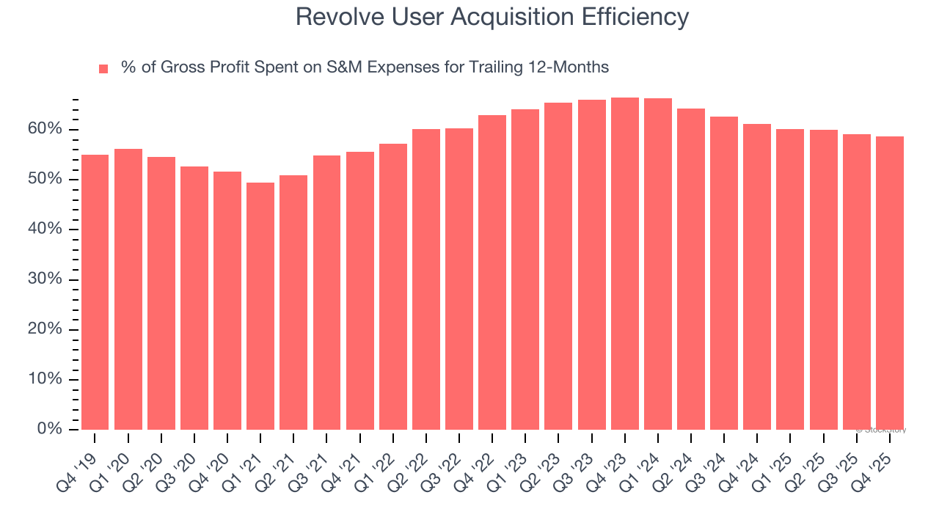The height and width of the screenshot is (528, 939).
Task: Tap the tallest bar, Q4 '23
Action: (x=624, y=263)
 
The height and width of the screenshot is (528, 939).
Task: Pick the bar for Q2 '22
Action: (x=425, y=279)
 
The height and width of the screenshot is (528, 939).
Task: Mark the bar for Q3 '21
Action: (x=326, y=293)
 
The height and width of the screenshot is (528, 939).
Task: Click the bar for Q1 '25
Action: (x=790, y=279)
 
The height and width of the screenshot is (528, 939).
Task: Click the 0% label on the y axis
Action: (x=51, y=429)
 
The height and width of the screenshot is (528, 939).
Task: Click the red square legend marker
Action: (x=103, y=69)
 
